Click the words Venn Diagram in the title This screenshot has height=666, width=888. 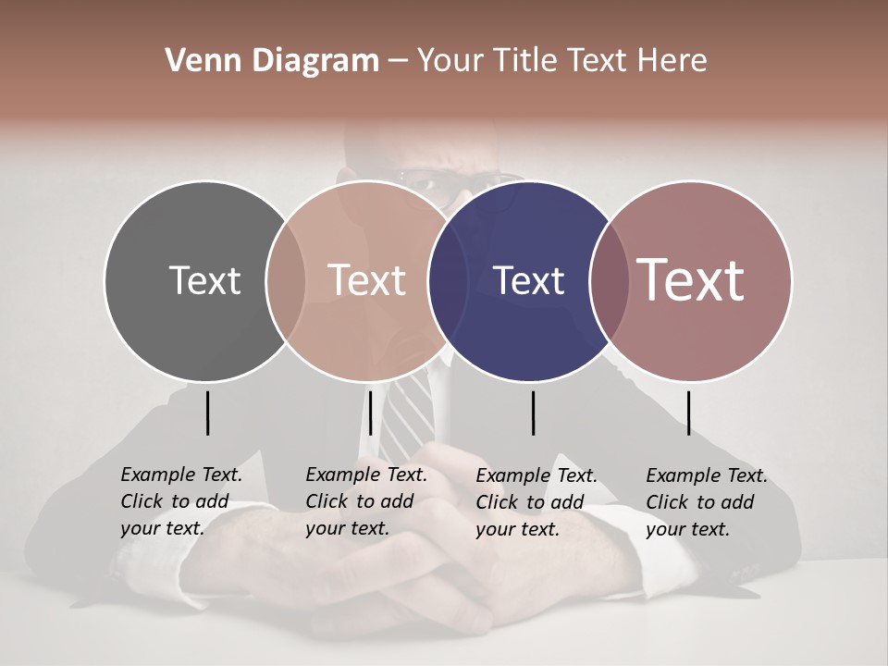pyautogui.click(x=272, y=60)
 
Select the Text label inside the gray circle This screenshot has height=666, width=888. pyautogui.click(x=204, y=280)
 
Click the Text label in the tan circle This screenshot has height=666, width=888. pyautogui.click(x=367, y=280)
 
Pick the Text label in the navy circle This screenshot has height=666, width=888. pyautogui.click(x=529, y=280)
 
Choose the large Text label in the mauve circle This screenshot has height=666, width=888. pyautogui.click(x=691, y=280)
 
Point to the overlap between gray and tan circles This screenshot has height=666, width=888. pyautogui.click(x=286, y=280)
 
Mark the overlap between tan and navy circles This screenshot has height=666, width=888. pyautogui.click(x=448, y=280)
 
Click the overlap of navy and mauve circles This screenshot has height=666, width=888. pyautogui.click(x=610, y=280)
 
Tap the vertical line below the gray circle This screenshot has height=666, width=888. pyautogui.click(x=207, y=413)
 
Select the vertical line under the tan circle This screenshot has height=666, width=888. pyautogui.click(x=370, y=413)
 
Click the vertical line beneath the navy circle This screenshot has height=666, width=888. pyautogui.click(x=533, y=413)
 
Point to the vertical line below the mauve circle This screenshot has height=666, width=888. pyautogui.click(x=688, y=413)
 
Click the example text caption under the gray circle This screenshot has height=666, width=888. pyautogui.click(x=181, y=502)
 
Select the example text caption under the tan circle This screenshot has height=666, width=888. pyautogui.click(x=366, y=502)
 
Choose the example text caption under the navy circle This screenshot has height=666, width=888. pyautogui.click(x=536, y=502)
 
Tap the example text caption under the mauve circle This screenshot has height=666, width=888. pyautogui.click(x=707, y=502)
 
